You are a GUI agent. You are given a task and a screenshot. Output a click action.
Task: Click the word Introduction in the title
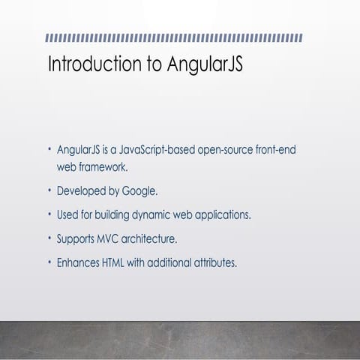click(90, 64)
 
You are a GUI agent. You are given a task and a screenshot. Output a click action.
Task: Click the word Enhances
click(76, 263)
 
